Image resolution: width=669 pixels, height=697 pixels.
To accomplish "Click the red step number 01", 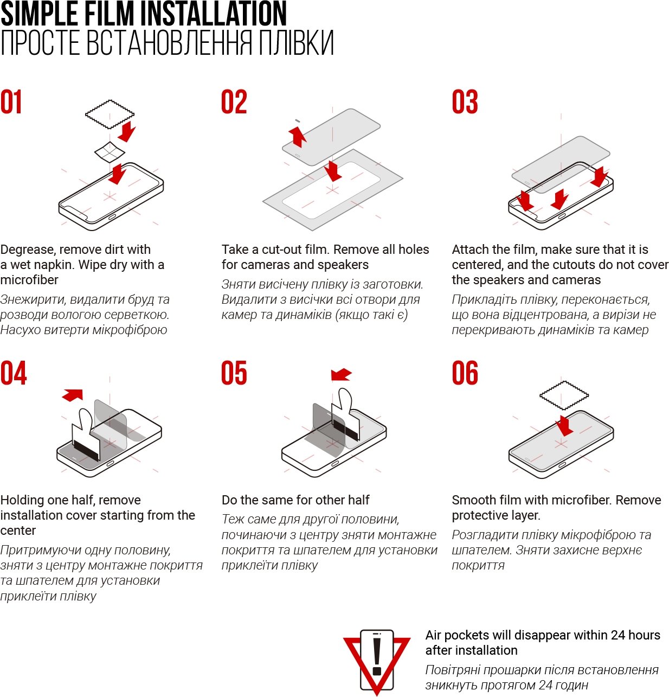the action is [11, 102].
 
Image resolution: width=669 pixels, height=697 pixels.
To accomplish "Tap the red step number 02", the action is [234, 102].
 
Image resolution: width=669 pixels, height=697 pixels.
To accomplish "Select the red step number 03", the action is [465, 102].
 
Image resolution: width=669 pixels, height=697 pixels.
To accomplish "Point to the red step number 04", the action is [14, 373].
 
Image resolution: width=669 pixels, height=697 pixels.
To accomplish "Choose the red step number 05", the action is [234, 373].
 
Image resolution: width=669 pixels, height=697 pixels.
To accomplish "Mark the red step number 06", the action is [465, 373].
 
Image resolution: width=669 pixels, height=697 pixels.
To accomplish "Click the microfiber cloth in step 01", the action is [110, 114].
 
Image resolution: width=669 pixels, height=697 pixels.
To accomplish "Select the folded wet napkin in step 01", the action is [110, 152].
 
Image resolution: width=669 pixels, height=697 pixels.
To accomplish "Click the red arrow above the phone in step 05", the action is [341, 374].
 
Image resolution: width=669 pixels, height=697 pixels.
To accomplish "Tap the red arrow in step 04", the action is [73, 394].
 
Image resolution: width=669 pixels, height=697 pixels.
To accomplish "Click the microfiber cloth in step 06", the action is [564, 395].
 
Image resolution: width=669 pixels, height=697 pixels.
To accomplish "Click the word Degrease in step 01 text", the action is [27, 250].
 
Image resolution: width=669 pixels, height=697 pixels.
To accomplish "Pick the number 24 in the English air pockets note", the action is [618, 635].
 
